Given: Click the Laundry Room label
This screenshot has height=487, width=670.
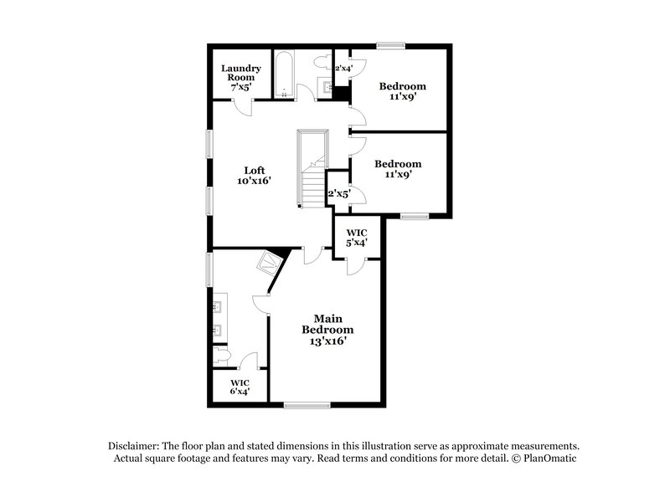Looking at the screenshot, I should click(241, 77).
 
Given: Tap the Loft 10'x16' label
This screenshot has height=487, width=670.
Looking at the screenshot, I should click(255, 175).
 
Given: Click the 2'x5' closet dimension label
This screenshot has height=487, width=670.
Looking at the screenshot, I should click(339, 193).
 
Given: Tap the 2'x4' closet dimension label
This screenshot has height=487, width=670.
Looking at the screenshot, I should click(343, 68).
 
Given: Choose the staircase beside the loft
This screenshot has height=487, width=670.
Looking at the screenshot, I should click(313, 167).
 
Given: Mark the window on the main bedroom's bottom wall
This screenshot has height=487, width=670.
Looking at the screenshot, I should click(306, 405).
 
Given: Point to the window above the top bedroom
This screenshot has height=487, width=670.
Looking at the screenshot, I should click(390, 45).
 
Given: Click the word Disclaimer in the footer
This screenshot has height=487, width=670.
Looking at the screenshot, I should click(137, 446).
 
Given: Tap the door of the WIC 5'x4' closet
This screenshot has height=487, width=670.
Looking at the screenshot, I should click(355, 266).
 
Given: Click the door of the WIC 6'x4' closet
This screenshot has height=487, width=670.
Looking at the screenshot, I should click(248, 361).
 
